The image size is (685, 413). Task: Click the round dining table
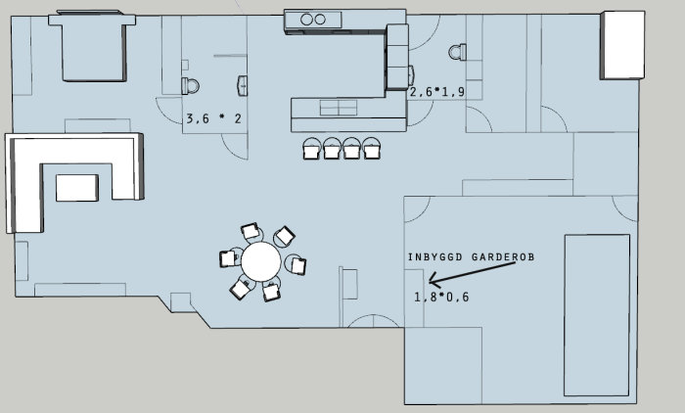261,261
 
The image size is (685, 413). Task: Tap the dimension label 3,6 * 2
214,118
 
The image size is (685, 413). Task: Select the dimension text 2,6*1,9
437,92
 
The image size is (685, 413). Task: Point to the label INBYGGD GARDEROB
471,257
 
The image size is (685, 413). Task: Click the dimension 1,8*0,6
441,298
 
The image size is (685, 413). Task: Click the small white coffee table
77,188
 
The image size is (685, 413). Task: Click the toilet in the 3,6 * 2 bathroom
190,86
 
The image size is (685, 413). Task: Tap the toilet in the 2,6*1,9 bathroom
457,53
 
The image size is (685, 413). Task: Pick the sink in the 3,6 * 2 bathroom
243,86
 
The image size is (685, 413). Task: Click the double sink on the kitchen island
339,108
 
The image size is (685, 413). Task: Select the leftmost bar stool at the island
312,148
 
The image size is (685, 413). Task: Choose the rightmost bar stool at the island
371,148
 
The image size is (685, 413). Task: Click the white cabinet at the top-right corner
622,45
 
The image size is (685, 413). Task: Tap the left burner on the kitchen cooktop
306,20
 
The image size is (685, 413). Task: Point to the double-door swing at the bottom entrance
373,321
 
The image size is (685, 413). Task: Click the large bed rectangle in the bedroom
597,315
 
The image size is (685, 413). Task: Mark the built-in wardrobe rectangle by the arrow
414,298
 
